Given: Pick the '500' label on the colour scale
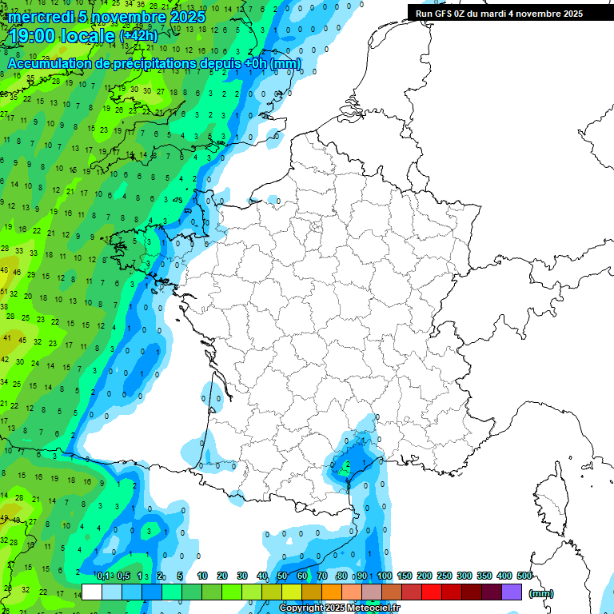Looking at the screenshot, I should click(x=524, y=576).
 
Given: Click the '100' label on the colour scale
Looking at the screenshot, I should click(x=385, y=576).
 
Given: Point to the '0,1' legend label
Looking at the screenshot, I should click(x=103, y=576).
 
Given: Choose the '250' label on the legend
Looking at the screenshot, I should click(x=445, y=576).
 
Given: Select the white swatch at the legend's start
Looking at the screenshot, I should click(x=92, y=592).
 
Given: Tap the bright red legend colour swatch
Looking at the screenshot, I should click(x=432, y=592).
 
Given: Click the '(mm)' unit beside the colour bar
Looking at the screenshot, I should click(x=541, y=593).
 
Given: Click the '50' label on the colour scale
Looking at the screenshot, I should click(x=281, y=576).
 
